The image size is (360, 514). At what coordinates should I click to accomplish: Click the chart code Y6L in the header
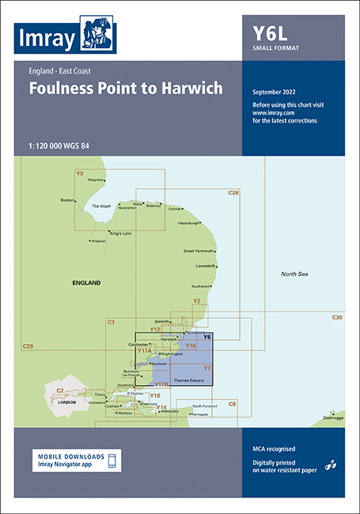click(272, 33)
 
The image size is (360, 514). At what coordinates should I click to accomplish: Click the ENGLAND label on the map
click(87, 282)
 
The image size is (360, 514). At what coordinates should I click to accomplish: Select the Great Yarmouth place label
click(199, 251)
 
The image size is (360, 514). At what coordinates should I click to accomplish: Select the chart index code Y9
click(79, 173)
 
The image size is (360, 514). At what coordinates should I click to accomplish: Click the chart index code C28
click(233, 193)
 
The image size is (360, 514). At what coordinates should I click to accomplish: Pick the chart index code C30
click(337, 317)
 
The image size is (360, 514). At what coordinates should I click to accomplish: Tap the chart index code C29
click(28, 347)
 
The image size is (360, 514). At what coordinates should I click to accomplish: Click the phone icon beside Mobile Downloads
click(112, 461)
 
